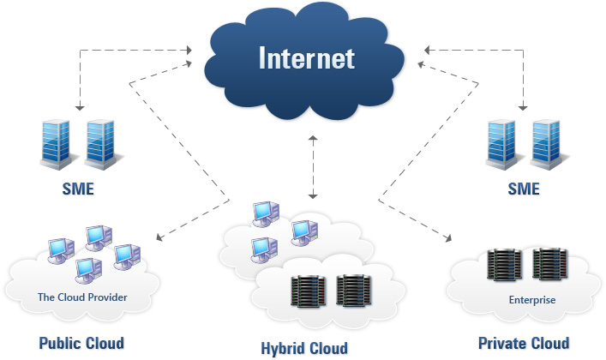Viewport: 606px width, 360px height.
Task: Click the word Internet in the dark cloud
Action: pos(307,58)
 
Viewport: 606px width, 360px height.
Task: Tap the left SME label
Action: pos(78,189)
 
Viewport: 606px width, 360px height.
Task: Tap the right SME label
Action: pos(524,189)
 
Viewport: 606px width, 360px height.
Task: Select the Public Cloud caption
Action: pos(81,343)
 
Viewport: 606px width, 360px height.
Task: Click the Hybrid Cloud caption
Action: pos(304,348)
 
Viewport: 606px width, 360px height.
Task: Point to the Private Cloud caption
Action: pos(524,343)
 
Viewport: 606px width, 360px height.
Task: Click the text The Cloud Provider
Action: pos(82,297)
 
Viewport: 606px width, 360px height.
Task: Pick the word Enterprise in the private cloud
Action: pos(532,300)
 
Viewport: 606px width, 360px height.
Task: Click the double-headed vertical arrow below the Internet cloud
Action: pos(313,167)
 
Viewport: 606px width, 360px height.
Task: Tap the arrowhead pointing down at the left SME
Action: pos(80,107)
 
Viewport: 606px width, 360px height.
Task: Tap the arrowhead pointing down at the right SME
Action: pos(523,107)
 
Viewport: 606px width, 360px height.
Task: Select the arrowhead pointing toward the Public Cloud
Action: pos(159,237)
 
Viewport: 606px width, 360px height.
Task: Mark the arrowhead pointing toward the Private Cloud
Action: pos(448,237)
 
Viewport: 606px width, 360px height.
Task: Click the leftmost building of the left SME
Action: pos(56,144)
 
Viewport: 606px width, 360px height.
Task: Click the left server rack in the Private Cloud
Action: pos(504,265)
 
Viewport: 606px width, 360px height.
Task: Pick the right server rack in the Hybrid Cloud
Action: pos(354,291)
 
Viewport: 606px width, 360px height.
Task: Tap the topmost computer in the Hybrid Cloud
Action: pos(266,213)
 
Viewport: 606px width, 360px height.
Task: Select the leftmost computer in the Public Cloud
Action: pos(61,250)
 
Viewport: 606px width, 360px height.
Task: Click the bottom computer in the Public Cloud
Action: pos(89,270)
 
